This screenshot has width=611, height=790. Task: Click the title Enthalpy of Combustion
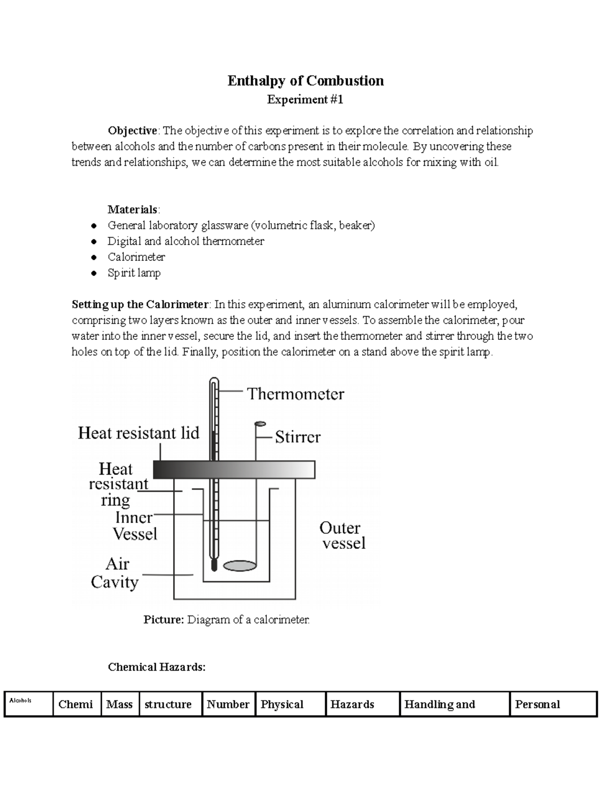[x=305, y=81]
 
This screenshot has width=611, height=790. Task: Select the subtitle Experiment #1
[x=305, y=100]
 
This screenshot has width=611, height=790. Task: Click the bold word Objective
[x=132, y=131]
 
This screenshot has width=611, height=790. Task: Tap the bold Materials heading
[x=133, y=210]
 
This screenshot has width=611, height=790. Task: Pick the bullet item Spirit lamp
[x=134, y=273]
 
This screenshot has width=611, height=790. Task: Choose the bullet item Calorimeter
[x=136, y=257]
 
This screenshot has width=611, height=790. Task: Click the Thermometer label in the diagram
[x=295, y=394]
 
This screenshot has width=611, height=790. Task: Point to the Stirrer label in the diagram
[x=298, y=437]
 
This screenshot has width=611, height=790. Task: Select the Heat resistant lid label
[x=138, y=433]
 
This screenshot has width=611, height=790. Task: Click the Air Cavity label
[x=115, y=573]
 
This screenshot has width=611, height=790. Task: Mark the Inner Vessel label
[x=134, y=526]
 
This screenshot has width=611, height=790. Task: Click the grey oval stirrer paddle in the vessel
[x=239, y=565]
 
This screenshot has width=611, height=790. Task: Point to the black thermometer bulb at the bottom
[x=214, y=565]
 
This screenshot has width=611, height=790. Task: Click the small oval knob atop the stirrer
[x=260, y=423]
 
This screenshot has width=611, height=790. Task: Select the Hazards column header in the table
[x=352, y=705]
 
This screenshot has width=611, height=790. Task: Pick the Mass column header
[x=119, y=705]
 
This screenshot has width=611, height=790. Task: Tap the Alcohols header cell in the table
[x=20, y=700]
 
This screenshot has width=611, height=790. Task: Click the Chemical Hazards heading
[x=157, y=667]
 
